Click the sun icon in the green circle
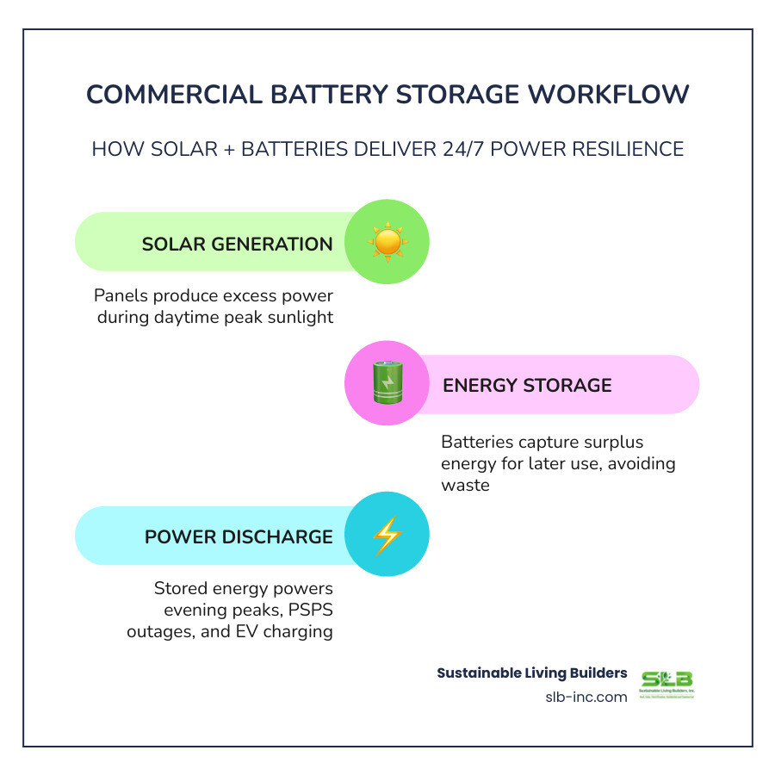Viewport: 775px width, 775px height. [x=387, y=242]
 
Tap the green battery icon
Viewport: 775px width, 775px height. [x=387, y=384]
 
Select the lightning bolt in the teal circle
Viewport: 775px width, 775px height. [x=387, y=536]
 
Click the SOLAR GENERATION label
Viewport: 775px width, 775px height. [x=237, y=244]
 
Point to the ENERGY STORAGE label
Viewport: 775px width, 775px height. [x=527, y=385]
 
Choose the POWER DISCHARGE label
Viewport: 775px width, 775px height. [x=239, y=536]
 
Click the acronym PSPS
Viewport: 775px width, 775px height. [x=304, y=611]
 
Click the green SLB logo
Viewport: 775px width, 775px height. [x=666, y=683]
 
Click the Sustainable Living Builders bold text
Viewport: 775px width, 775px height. [x=532, y=673]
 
